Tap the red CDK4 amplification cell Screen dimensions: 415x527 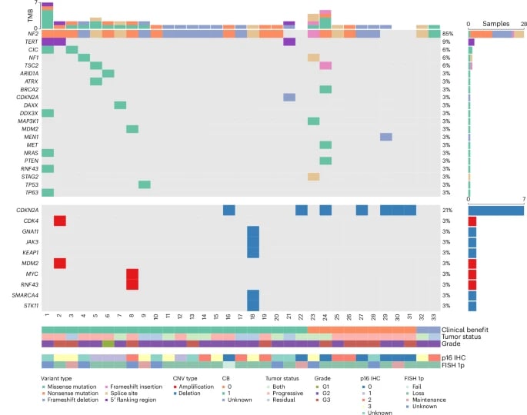(59, 221)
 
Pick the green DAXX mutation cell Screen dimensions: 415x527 (120, 105)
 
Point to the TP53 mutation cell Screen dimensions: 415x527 (145, 184)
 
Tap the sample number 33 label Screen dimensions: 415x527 (434, 316)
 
